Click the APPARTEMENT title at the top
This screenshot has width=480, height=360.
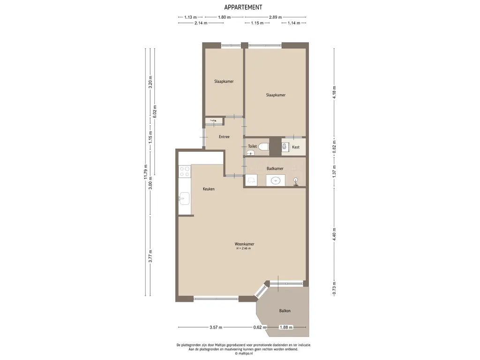pos(243,7)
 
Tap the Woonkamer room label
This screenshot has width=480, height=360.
pos(244,244)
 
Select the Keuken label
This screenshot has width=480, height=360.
pos(209,189)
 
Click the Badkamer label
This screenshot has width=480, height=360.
pos(275,168)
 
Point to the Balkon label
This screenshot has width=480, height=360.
pos(285,311)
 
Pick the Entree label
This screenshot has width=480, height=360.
pos(224,137)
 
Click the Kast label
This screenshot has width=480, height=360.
pos(296,147)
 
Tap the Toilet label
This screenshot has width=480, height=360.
pos(252,146)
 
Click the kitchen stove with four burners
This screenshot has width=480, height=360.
pos(185,172)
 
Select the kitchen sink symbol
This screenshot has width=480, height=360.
pos(184,199)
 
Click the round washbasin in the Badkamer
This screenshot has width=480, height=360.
pos(276,180)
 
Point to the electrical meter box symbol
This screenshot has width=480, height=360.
pos(213,121)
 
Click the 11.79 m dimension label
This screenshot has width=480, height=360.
pos(146,172)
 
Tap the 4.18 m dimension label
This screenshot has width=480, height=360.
pos(334,92)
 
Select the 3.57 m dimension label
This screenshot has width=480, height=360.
pos(216,327)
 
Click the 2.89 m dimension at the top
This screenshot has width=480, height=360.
pos(276,17)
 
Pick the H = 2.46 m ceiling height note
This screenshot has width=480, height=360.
pos(244,248)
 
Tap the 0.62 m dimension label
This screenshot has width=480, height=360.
pos(260,327)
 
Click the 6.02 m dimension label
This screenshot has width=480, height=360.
pos(155,112)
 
